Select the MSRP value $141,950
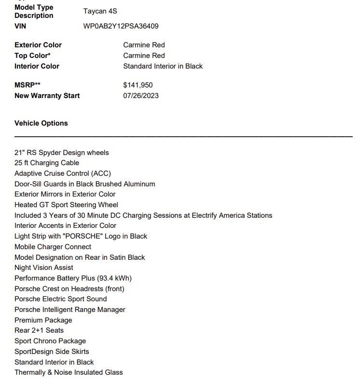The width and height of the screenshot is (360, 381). tap(138, 85)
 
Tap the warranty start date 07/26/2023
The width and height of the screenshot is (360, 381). tap(141, 96)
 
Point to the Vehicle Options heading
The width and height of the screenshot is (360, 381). tap(41, 123)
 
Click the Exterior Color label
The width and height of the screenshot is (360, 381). tap(38, 45)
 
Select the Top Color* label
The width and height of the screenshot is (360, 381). tap(32, 56)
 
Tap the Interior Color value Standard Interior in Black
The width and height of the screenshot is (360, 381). tap(163, 66)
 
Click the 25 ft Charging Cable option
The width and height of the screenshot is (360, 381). tap(47, 163)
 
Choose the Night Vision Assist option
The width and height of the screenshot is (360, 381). tap(44, 268)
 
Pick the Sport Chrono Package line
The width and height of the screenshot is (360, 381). tap(50, 341)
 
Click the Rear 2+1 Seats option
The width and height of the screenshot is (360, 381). tap(39, 330)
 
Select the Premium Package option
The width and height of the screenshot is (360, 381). tap(43, 320)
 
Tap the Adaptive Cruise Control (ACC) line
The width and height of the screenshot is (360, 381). tap(63, 173)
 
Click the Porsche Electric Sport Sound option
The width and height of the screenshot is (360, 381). tap(61, 299)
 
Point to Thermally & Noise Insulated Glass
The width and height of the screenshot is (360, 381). tap(69, 372)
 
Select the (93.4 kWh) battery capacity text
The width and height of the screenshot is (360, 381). tap(114, 278)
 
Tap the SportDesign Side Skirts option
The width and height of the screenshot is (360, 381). tap(52, 352)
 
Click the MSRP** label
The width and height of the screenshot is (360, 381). tap(28, 85)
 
